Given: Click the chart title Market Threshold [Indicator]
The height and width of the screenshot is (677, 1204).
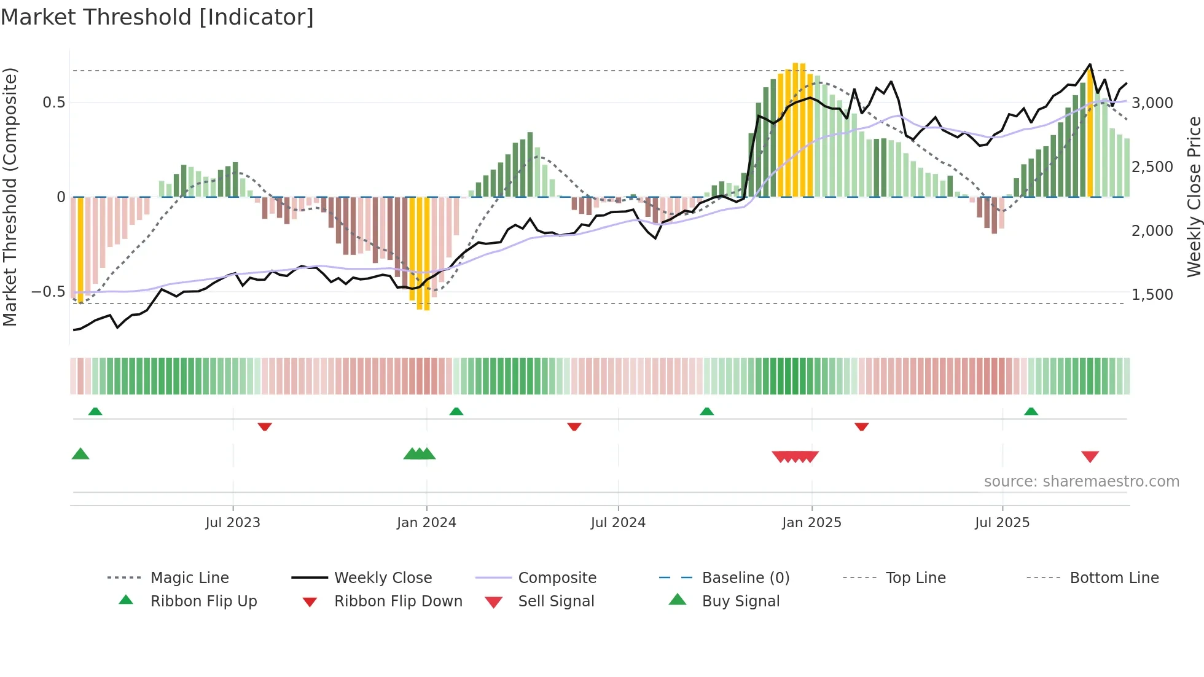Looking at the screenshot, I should coord(157,17).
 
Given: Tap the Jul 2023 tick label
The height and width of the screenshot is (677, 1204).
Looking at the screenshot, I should coord(233,523).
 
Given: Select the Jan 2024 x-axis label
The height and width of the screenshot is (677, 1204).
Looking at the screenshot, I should coord(426,523).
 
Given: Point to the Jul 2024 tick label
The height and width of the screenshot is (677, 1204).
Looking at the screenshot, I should coord(618,523).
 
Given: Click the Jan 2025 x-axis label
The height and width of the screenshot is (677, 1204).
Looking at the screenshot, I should coord(811,523).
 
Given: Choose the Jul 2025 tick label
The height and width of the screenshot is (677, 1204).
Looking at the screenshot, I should coord(1002,523).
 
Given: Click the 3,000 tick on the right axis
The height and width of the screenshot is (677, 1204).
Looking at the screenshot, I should coord(1152,103).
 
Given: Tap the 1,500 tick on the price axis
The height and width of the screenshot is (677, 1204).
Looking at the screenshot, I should coord(1152,295).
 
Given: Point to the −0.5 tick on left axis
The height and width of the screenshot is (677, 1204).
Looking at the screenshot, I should coord(48,292).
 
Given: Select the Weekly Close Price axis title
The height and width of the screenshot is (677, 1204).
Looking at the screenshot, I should coord(1194,197).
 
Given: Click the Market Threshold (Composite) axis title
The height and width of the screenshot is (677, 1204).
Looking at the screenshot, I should coord(10,197).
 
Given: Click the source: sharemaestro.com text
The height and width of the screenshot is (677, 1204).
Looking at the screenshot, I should coord(1081,482).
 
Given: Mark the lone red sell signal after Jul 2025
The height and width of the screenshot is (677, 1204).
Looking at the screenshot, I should coord(1090,456).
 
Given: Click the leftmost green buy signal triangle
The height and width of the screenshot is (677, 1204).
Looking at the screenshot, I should coord(80,454).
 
